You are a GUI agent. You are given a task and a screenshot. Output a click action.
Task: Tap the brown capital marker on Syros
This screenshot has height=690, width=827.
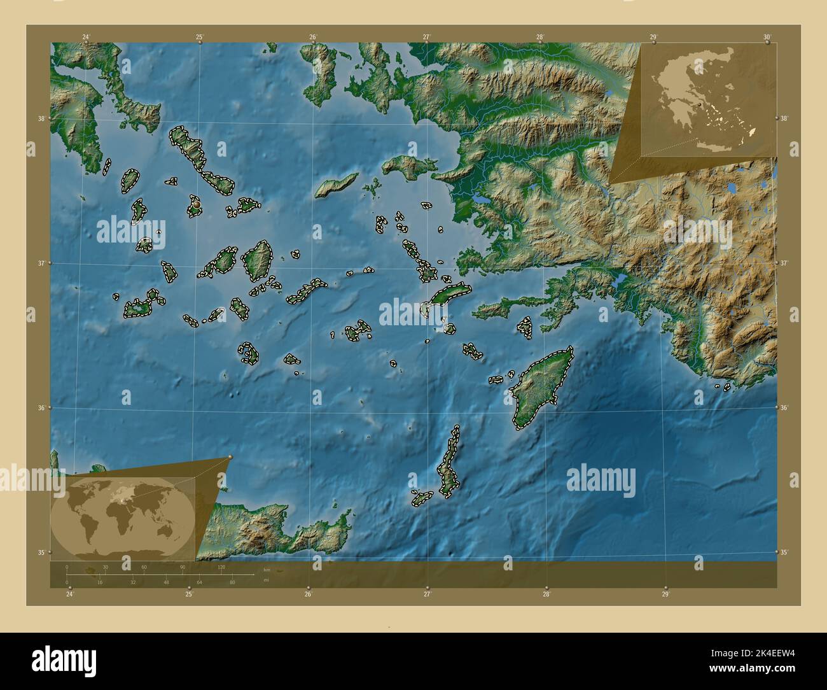coord(197,204)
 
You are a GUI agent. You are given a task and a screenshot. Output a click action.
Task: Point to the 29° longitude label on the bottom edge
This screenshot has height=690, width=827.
coord(665,595)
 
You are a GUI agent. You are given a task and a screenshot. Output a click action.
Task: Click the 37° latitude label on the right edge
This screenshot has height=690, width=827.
coord(784,263)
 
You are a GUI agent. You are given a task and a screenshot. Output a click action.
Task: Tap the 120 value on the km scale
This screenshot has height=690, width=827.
coord(221,567)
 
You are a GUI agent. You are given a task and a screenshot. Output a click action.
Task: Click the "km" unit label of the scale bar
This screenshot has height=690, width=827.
coord(267,570)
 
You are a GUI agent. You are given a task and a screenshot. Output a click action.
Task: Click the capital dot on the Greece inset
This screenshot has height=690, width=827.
coord(698,103)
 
